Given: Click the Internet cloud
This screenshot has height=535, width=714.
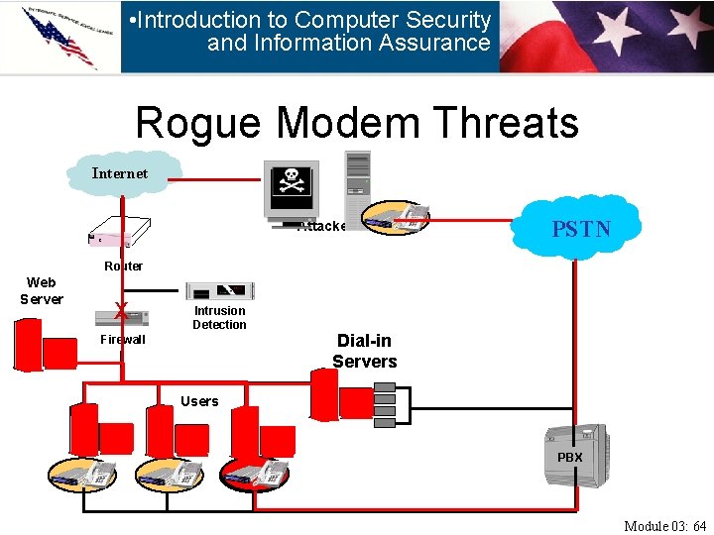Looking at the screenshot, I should coord(121,173).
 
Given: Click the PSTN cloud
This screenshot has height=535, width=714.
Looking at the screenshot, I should coord(581,228).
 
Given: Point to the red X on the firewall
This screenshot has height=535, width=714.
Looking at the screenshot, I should coord(120,311).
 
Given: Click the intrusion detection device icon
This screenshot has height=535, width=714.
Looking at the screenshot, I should coord(220,290).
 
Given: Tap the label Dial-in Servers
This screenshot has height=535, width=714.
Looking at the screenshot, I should coord(364,351).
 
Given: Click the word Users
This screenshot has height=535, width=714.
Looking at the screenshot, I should coord(199,401).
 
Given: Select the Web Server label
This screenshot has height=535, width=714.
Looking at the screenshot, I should coord(42,290).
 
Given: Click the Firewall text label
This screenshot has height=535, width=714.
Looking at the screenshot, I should coord(123,339).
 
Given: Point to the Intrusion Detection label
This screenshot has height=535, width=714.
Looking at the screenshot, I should coord(219,317).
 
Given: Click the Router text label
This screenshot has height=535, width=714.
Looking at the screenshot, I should coord(124,266).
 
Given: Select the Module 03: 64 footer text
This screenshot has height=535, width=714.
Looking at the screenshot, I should coord(664,525).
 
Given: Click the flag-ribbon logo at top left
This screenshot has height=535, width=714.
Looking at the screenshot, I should coord(59,37).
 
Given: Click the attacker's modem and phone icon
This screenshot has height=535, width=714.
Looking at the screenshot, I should coord(396,218).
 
